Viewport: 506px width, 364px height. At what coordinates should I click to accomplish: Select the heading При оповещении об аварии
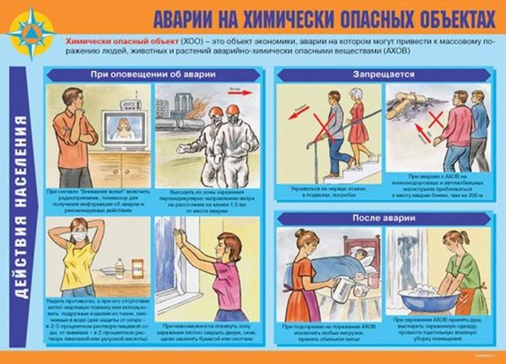153,74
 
